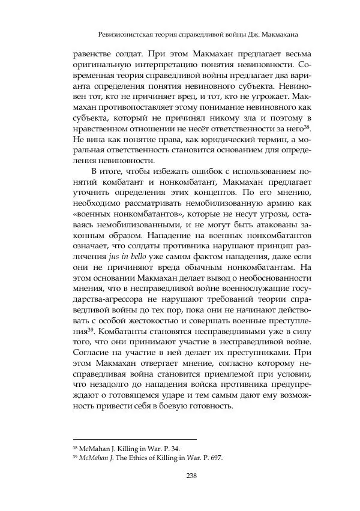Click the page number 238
(x=192, y=476)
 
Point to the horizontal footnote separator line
(x=134, y=440)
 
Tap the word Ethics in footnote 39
(x=140, y=458)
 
